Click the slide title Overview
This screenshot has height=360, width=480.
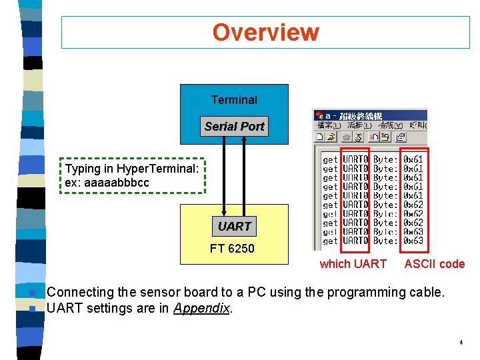pos(265,32)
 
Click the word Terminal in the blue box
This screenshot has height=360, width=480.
pos(234,100)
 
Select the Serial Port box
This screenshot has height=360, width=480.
pos(235,126)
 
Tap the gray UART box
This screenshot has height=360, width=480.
pos(235,226)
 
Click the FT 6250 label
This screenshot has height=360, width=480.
pos(232,249)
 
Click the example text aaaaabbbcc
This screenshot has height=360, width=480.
pos(107,182)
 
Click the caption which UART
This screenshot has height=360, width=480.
pos(353,264)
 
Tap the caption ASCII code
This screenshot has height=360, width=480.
pos(434,264)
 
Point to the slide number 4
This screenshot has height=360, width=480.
pos(461,343)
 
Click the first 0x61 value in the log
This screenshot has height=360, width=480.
pos(413,160)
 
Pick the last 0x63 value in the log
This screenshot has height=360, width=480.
pos(413,241)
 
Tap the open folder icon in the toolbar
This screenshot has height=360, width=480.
pos(332,137)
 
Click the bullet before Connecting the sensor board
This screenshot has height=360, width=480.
pos(32,293)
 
